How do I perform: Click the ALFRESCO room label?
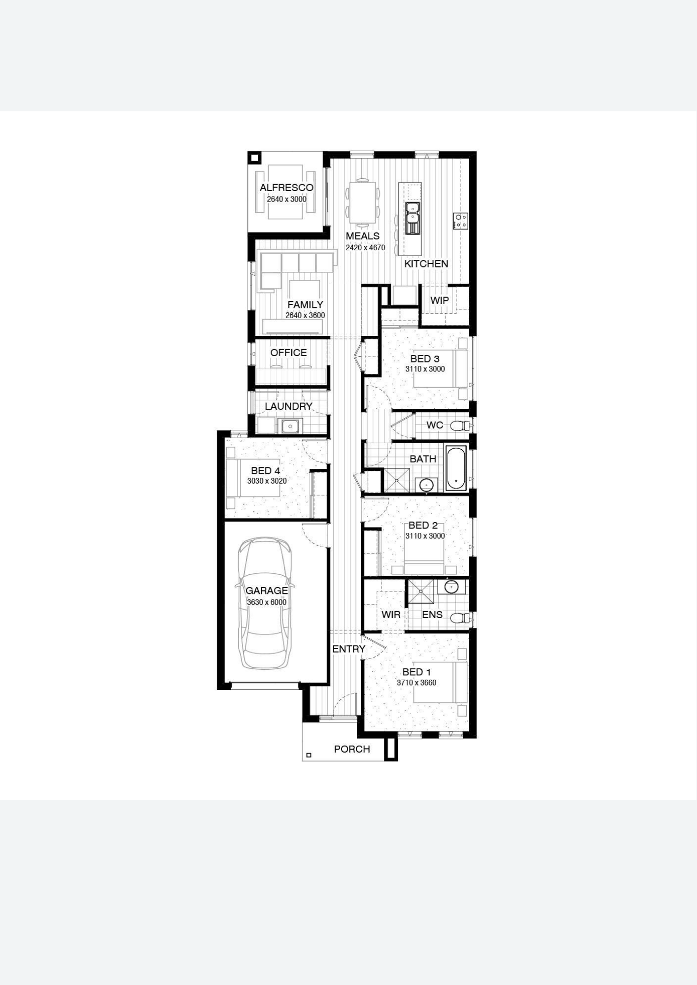tap(286, 188)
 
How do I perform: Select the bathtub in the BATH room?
tap(456, 468)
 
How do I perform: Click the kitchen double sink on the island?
tap(413, 218)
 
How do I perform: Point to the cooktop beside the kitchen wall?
tap(461, 221)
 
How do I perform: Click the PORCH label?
tap(352, 749)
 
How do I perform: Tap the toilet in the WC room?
tap(459, 425)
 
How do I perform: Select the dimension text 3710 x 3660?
tap(417, 683)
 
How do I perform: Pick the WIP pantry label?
tap(440, 300)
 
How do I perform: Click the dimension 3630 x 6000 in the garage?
tap(267, 602)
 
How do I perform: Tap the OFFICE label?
tap(288, 353)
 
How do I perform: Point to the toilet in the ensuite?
tap(459, 618)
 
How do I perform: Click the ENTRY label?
tap(348, 649)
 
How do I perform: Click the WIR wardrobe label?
tap(391, 615)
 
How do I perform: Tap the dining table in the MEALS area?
tap(363, 202)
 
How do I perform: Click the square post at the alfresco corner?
tap(254, 158)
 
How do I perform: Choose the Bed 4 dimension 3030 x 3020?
tap(267, 481)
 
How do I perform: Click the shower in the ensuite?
tap(420, 591)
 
